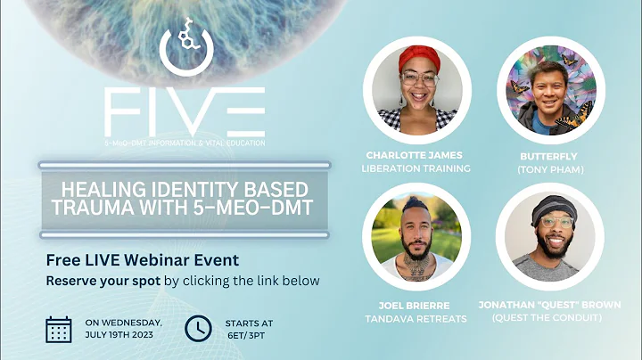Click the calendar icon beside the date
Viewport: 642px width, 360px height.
(x=59, y=329)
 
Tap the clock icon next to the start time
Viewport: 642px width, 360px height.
(x=198, y=329)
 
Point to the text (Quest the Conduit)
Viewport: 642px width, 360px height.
(x=545, y=318)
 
